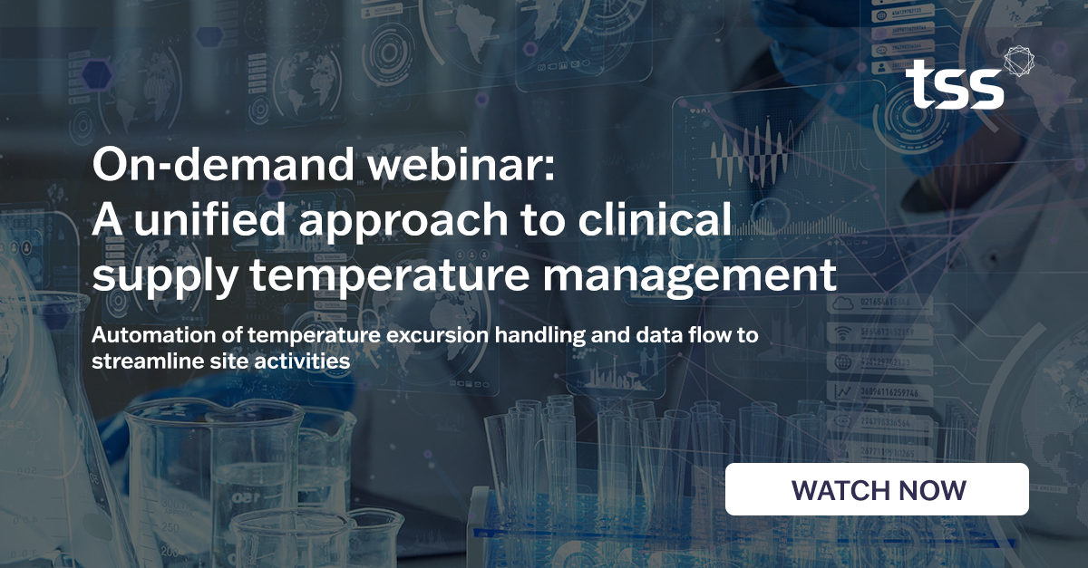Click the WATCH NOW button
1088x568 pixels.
pyautogui.click(x=877, y=489)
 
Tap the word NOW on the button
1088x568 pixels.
pyautogui.click(x=934, y=490)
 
